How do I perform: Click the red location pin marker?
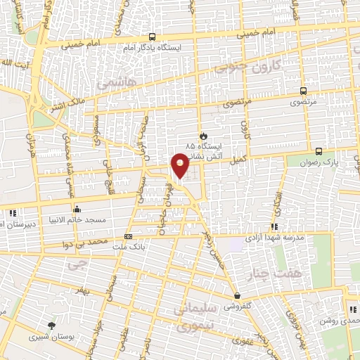[181, 165]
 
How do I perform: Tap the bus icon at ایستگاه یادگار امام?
[153, 37]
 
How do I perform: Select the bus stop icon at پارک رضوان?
[319, 151]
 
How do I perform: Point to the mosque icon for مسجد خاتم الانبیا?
[77, 208]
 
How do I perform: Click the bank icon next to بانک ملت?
[128, 237]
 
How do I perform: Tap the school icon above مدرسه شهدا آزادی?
[274, 226]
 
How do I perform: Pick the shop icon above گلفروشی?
[237, 296]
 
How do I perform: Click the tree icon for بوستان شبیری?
[51, 324]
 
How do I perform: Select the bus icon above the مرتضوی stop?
[303, 91]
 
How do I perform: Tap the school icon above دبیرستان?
[12, 213]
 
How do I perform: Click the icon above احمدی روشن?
[353, 309]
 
